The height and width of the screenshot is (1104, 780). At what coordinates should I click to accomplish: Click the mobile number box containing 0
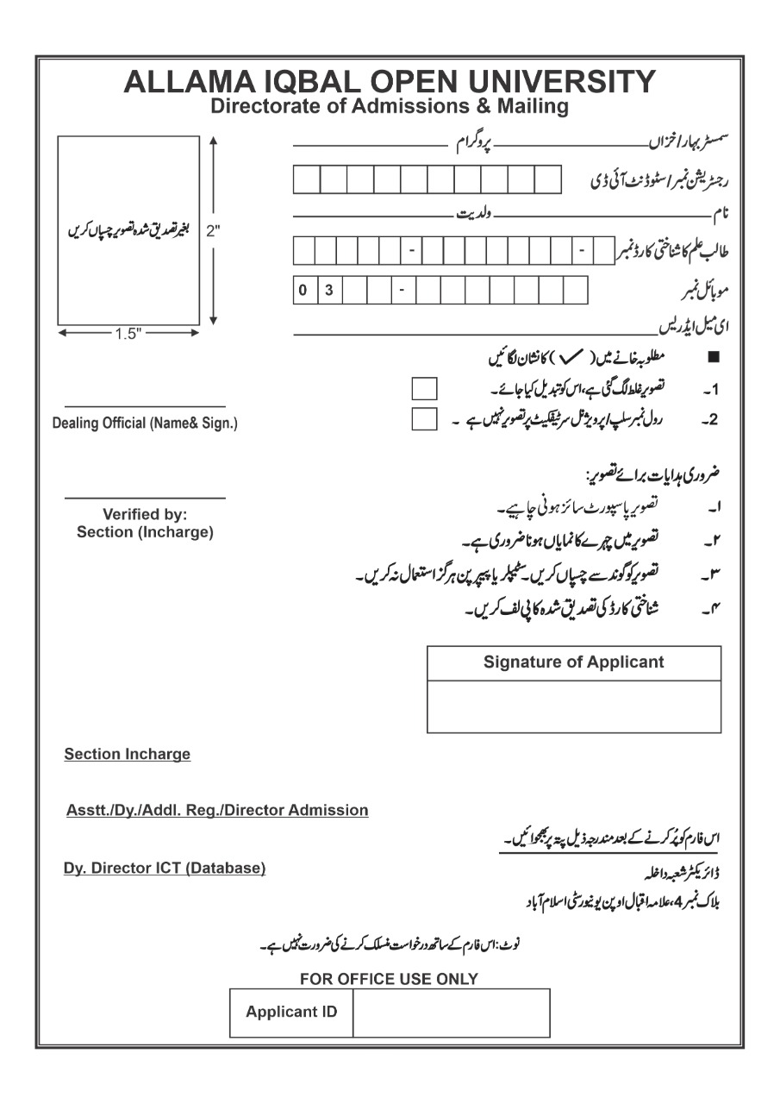coord(303,290)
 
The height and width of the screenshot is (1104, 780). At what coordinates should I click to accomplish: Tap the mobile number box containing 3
coord(329,290)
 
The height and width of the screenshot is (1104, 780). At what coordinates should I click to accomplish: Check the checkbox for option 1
coord(424,388)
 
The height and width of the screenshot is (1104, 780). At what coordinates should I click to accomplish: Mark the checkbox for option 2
coord(424,419)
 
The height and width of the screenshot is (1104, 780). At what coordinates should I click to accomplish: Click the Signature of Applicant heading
coord(573,662)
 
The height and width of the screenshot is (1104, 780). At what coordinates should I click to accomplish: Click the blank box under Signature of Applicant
coord(573,706)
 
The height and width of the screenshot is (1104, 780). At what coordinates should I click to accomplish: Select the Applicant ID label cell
coord(291,1012)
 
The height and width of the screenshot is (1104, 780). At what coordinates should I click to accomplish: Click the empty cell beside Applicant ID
coord(451,1012)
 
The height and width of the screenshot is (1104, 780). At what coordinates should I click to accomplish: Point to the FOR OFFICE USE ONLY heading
coord(389,979)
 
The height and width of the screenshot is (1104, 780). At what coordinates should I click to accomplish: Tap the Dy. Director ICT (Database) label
coord(165,869)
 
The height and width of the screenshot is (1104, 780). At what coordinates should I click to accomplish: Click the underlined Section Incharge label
coord(128,754)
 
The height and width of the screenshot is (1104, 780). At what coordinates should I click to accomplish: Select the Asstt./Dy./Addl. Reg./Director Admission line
coord(217,811)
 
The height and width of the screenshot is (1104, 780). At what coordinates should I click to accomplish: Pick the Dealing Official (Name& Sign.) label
coord(145,423)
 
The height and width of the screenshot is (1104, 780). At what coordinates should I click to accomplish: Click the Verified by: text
coord(145,515)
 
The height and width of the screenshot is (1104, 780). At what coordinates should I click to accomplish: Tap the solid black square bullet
coord(712,356)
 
